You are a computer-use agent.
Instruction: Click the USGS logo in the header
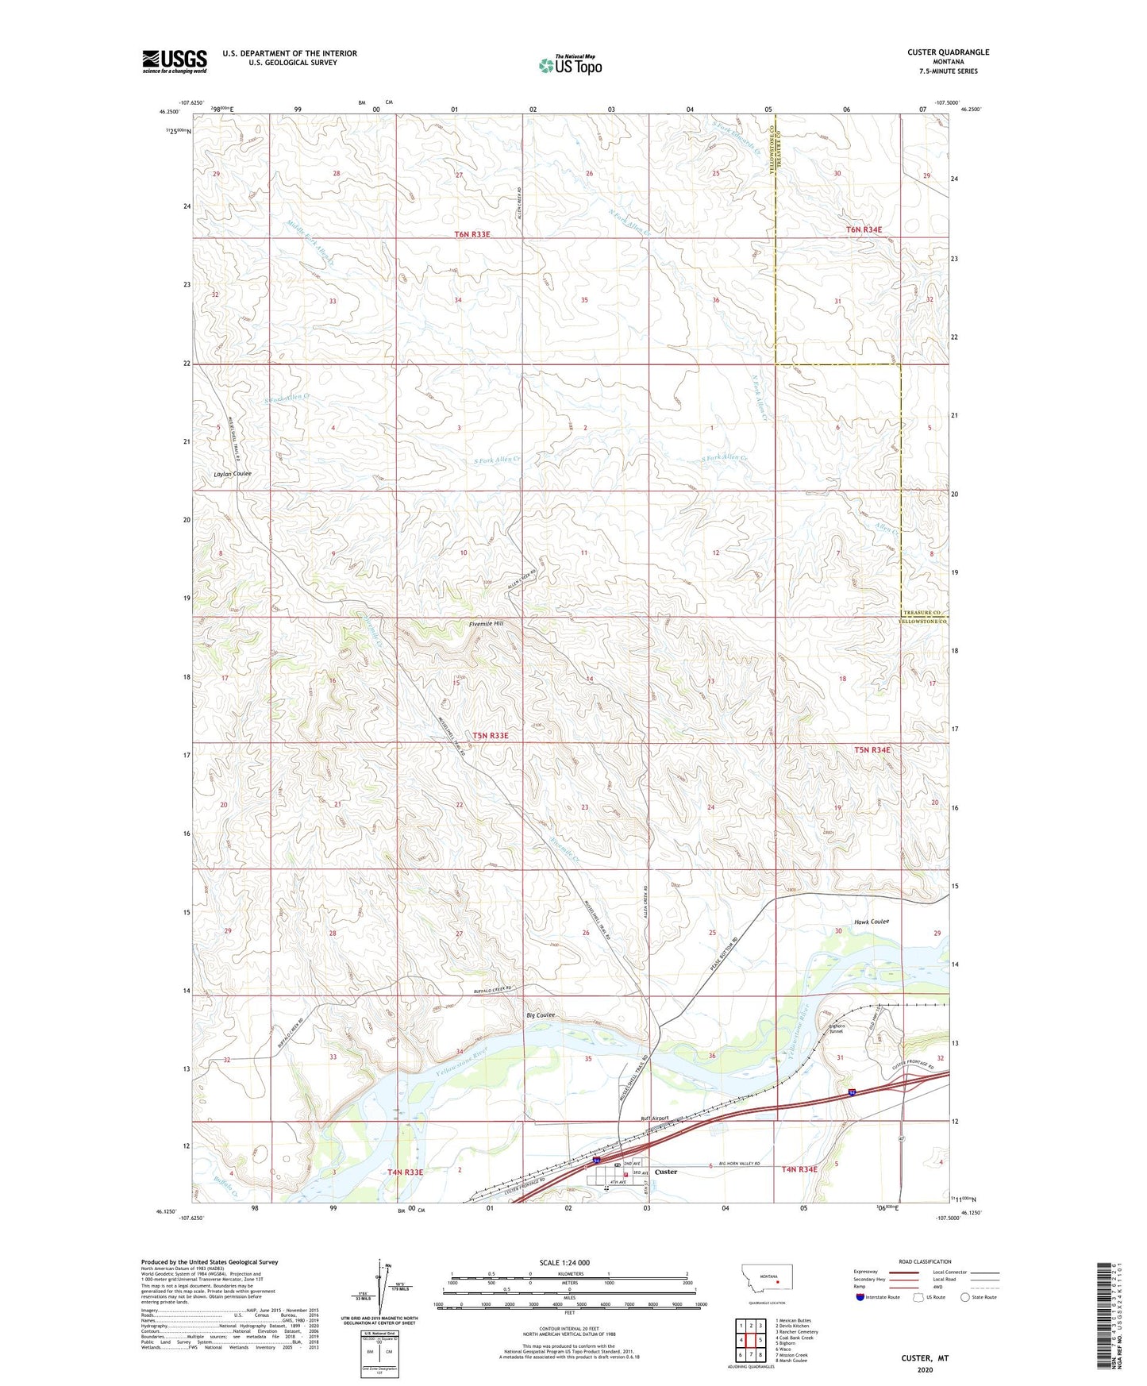click(175, 61)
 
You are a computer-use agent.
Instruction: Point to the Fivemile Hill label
click(486, 624)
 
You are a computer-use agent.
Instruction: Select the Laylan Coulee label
click(233, 474)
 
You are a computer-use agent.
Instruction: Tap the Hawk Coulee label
click(872, 922)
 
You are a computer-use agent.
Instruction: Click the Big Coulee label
click(540, 1015)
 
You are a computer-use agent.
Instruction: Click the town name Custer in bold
click(666, 1172)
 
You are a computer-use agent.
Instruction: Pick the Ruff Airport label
click(655, 1118)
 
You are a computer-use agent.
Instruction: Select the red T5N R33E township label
click(491, 736)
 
